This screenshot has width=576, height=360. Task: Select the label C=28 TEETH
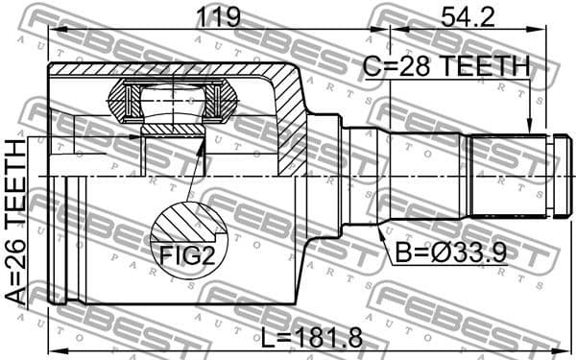(445, 66)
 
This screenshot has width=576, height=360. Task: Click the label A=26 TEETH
(16, 221)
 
